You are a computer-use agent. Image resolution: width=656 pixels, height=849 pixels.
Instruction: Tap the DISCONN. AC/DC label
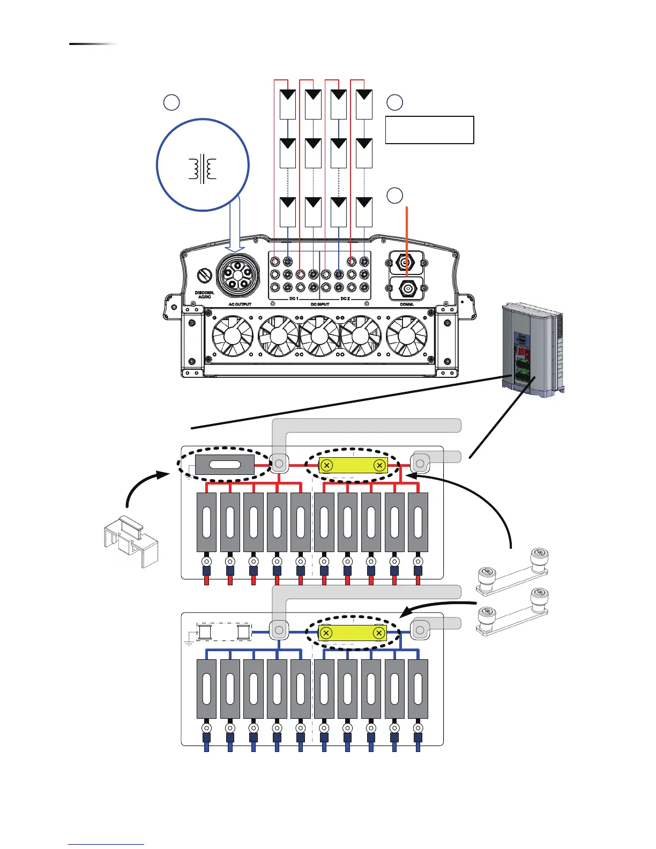pyautogui.click(x=204, y=295)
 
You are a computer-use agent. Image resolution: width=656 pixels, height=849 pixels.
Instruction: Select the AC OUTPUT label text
pyautogui.click(x=240, y=304)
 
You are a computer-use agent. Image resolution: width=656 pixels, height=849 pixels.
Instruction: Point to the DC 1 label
pyautogui.click(x=294, y=299)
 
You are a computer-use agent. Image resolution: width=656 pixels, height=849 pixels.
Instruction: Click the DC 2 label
pyautogui.click(x=345, y=299)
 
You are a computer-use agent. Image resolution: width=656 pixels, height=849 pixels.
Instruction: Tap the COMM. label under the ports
pyautogui.click(x=407, y=304)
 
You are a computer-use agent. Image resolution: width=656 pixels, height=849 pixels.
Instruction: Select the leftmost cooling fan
pyautogui.click(x=232, y=336)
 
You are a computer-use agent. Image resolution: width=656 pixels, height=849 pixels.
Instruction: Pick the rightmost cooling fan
pyautogui.click(x=407, y=336)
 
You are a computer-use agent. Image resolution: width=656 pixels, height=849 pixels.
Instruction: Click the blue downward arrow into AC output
pyautogui.click(x=235, y=225)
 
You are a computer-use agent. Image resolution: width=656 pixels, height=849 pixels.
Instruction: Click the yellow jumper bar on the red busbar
pyautogui.click(x=353, y=465)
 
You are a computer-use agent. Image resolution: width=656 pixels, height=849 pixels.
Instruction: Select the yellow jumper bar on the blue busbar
pyautogui.click(x=353, y=632)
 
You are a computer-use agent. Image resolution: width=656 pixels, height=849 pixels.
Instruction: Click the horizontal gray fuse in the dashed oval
pyautogui.click(x=225, y=465)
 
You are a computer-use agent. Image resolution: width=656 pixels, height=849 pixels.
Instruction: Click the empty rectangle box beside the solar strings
pyautogui.click(x=429, y=130)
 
